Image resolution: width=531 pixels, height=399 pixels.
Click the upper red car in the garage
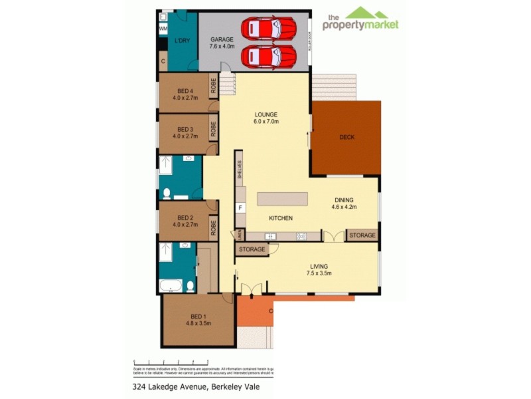pyautogui.click(x=269, y=29)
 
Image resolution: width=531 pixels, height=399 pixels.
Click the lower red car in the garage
pyautogui.click(x=269, y=56)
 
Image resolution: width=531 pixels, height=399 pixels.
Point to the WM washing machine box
pyautogui.click(x=163, y=29)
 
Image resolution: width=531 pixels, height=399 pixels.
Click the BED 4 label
pyautogui.click(x=185, y=94)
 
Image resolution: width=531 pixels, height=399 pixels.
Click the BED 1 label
pyautogui.click(x=198, y=320)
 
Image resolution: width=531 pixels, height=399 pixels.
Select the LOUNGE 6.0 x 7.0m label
pyautogui.click(x=265, y=118)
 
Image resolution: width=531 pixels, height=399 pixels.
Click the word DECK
pyautogui.click(x=346, y=138)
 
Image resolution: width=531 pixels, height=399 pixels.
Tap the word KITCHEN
pyautogui.click(x=281, y=218)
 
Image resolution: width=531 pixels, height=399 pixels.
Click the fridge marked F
pyautogui.click(x=240, y=207)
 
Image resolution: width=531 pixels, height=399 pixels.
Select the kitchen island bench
pyautogui.click(x=283, y=198)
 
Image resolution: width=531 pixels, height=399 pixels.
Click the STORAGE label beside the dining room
pyautogui.click(x=362, y=235)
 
